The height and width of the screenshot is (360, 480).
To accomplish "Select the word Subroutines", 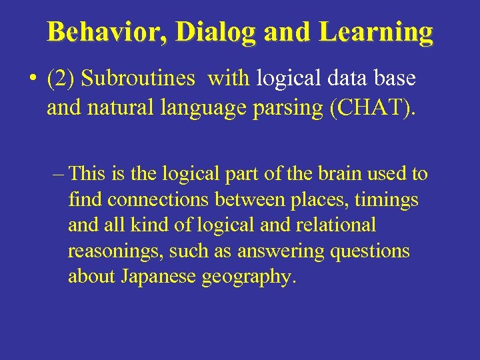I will coord(139,79).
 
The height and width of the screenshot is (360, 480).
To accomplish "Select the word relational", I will coord(340,225).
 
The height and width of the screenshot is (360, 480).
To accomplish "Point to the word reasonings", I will coord(115,252).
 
